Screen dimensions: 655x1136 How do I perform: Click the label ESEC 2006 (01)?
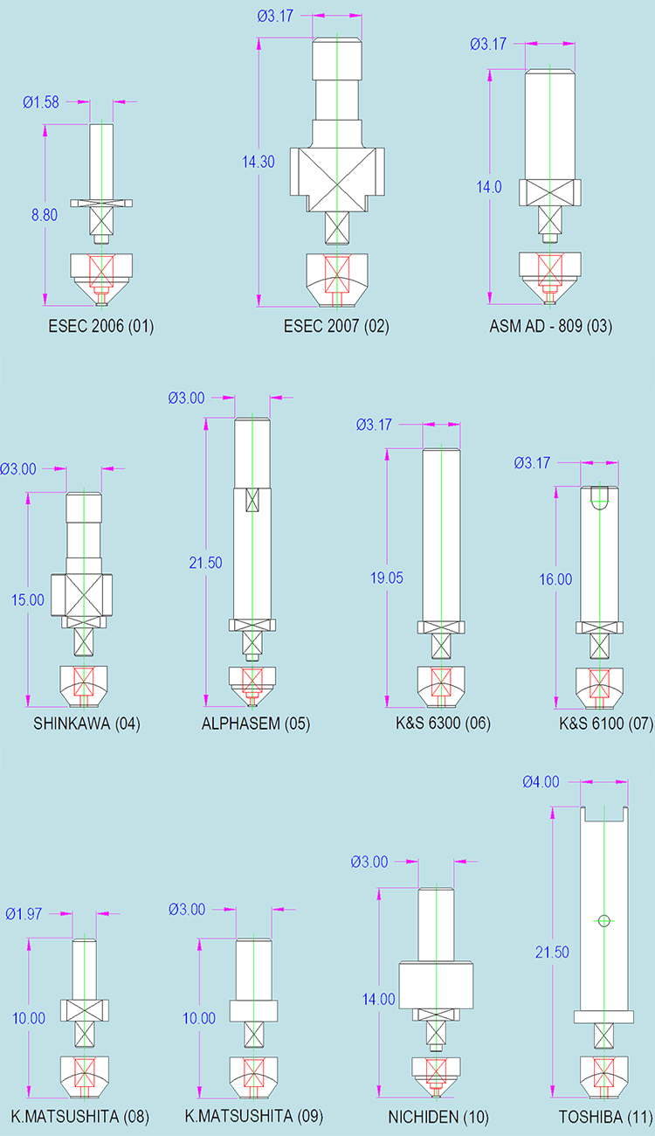tap(101, 326)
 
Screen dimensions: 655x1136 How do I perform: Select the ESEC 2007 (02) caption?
tap(336, 326)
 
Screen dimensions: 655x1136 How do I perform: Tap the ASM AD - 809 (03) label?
tap(550, 326)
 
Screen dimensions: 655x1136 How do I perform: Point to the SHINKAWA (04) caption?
tap(86, 724)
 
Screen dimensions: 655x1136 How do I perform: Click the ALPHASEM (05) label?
tap(256, 724)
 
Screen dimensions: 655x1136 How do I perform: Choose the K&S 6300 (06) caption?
tap(443, 724)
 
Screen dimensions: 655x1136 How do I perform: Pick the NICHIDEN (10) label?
tap(438, 1118)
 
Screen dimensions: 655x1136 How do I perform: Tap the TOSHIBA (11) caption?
tap(606, 1118)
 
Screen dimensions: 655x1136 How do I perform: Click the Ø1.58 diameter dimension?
tap(41, 102)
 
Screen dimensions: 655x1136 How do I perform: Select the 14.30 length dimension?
tap(258, 162)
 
